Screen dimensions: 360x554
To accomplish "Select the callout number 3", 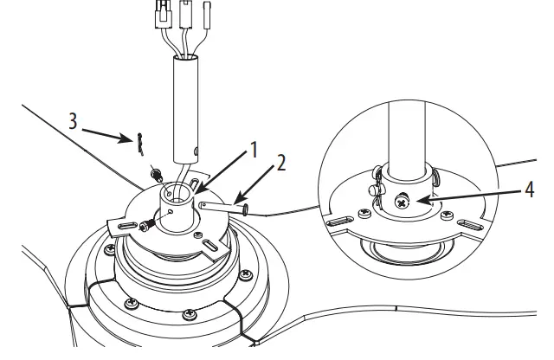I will (x=74, y=120).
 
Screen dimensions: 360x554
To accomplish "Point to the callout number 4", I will (x=527, y=188).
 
